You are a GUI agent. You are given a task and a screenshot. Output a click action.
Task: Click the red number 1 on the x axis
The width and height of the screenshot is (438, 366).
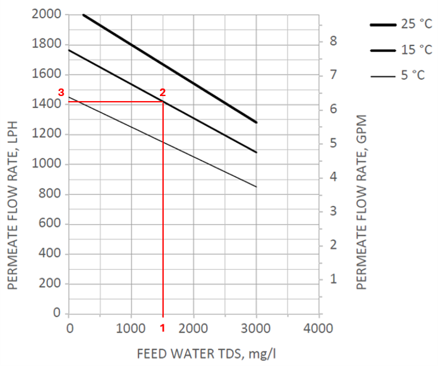tap(162, 328)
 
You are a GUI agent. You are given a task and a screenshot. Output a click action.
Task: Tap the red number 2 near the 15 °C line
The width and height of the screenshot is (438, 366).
tap(162, 92)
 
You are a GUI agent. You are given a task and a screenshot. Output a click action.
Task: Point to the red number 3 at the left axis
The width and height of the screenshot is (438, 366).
tap(61, 92)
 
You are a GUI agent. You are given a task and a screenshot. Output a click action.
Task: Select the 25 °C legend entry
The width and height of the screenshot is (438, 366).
tap(401, 25)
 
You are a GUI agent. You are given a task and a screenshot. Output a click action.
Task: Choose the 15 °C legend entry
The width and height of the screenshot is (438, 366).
tap(401, 50)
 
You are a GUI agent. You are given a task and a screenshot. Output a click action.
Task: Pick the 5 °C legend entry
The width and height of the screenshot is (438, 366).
tap(401, 75)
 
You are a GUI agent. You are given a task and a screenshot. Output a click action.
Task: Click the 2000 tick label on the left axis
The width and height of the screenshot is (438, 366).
tap(48, 15)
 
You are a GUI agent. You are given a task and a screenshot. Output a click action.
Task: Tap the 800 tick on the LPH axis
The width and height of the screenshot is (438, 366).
tap(52, 194)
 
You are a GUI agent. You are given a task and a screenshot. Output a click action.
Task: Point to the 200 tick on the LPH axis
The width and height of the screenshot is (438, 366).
tap(52, 284)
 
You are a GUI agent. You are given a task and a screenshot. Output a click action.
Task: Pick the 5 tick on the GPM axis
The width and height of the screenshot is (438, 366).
tap(334, 143)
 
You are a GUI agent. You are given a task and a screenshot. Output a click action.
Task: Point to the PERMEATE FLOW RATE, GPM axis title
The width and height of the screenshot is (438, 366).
tap(362, 202)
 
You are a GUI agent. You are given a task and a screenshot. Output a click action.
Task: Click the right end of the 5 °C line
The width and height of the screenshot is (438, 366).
tap(256, 186)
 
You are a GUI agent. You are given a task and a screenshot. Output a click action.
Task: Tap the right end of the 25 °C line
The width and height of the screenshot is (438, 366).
tap(256, 123)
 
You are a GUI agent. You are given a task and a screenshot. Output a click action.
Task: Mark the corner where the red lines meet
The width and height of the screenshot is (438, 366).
tap(163, 102)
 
